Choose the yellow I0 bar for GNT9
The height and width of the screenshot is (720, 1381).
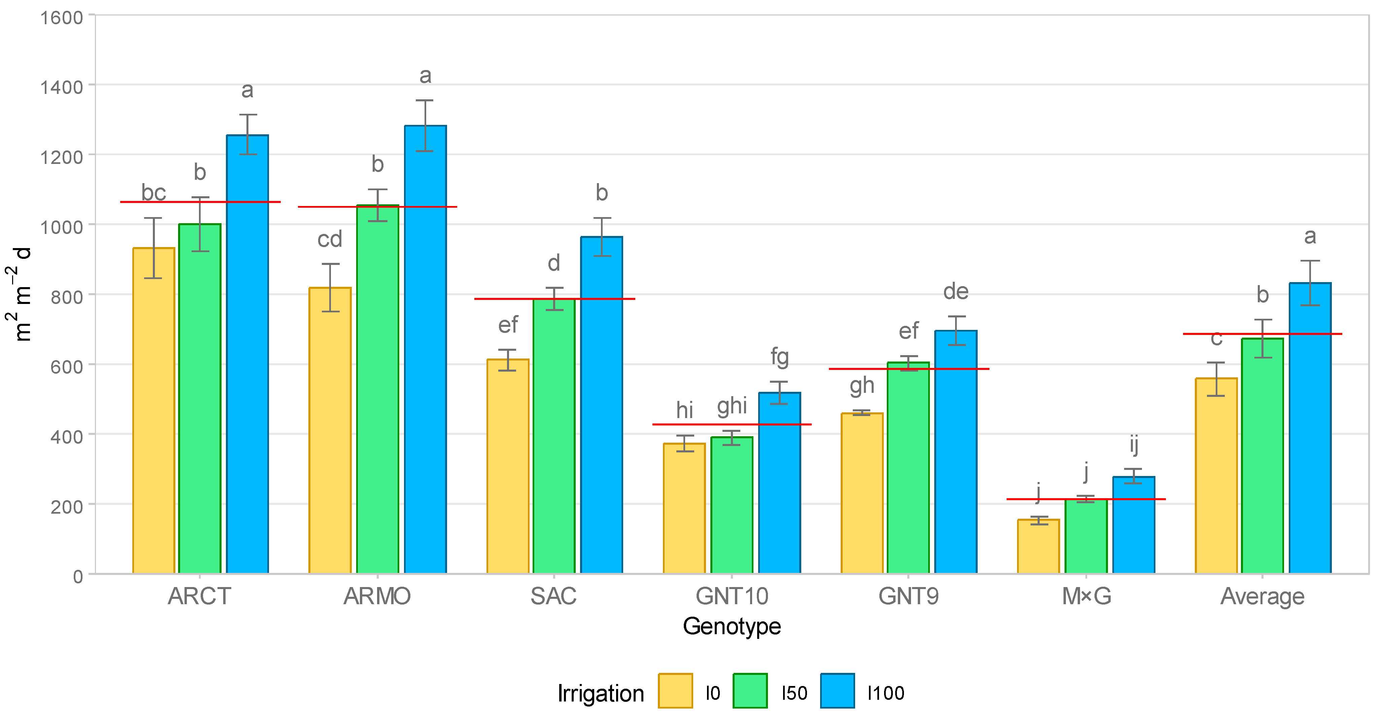click(862, 493)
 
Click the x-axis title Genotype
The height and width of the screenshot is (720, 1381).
click(732, 626)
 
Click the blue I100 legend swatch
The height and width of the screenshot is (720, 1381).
click(837, 691)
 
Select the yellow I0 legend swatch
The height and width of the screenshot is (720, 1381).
click(675, 691)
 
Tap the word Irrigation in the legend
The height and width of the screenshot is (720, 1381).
click(600, 693)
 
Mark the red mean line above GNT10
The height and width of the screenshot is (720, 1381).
click(732, 424)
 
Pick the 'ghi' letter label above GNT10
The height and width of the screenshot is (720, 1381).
click(732, 406)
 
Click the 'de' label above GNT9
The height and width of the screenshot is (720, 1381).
click(955, 292)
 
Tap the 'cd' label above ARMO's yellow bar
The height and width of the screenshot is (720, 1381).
click(330, 239)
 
